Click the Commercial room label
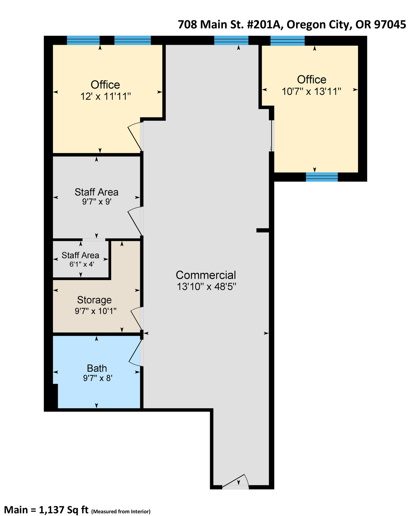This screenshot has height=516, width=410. click(206, 275)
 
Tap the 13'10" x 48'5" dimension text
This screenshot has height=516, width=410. click(206, 287)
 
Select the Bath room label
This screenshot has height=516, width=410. click(97, 368)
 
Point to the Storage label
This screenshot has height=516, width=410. click(94, 300)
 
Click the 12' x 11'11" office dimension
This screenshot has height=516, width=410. click(106, 97)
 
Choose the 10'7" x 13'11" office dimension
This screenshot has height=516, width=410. click(312, 92)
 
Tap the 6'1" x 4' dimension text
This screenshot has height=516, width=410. click(82, 265)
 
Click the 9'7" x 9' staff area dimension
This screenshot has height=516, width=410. click(97, 202)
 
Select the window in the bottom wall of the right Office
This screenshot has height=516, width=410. click(322, 177)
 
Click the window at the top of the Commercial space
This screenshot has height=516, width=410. click(231, 41)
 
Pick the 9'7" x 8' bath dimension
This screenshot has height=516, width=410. click(98, 378)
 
